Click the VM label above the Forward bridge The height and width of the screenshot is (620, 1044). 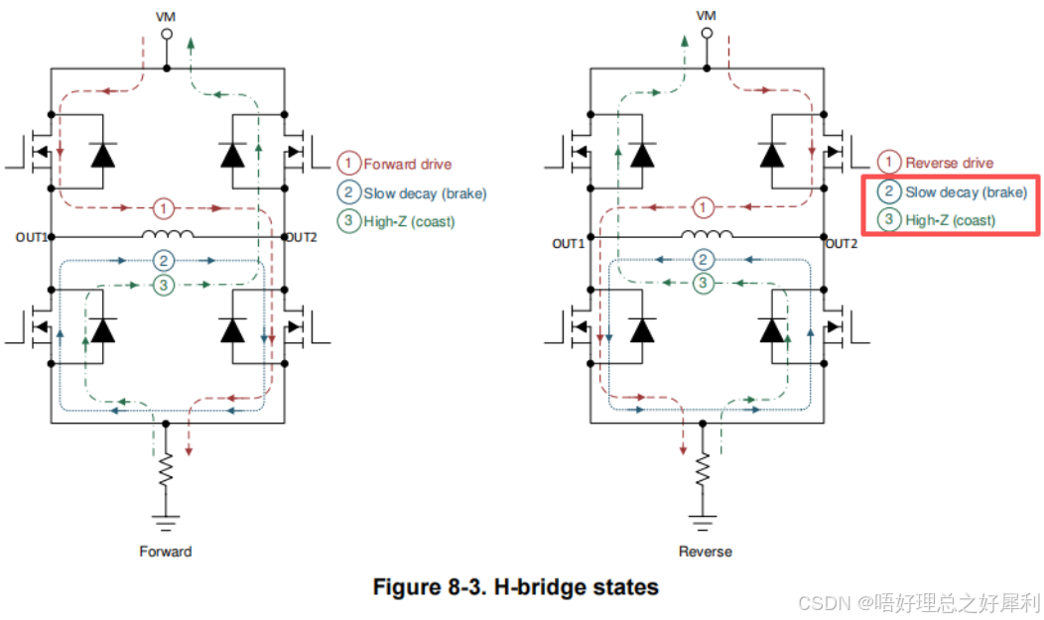coord(166,17)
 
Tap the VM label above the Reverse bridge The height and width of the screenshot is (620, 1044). coord(706,15)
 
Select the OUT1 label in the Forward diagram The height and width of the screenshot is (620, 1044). coord(32,237)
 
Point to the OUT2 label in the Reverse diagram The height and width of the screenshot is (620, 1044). coord(842,243)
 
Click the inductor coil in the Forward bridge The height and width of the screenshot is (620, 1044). coord(168,233)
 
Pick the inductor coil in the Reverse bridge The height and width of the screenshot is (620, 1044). coord(708,233)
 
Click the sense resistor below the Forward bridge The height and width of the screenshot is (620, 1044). coord(166,470)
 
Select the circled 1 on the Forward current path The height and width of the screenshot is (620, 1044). coord(163,209)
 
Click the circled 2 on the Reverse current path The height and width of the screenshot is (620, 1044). coord(703,260)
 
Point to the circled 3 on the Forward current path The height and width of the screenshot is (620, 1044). coord(163,286)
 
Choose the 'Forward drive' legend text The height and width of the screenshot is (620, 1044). coord(408,165)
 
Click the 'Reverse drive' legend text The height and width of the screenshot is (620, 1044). coord(950,163)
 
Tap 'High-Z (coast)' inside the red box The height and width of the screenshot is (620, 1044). coord(950,220)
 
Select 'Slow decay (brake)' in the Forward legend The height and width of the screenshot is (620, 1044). coord(425,193)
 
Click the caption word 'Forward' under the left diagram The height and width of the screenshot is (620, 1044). coord(166,552)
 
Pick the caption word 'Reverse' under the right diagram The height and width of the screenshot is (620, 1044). coord(706,552)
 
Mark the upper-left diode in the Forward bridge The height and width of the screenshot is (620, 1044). coord(102,155)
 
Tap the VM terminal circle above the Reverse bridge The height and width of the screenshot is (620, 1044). coord(707,33)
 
